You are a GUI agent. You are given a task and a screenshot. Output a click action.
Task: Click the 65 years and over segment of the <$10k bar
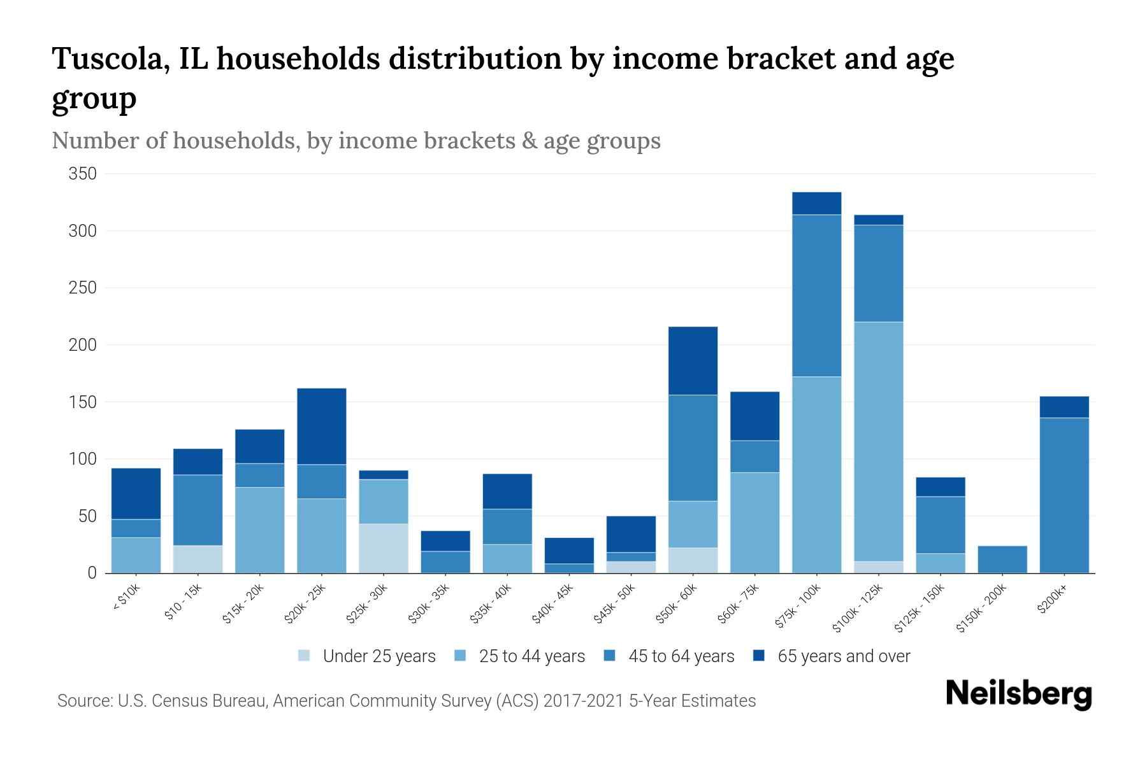point(136,493)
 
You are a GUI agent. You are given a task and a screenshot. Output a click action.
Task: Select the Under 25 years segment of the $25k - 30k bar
point(384,548)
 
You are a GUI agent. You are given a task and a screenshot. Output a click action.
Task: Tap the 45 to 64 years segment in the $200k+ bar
point(1064,495)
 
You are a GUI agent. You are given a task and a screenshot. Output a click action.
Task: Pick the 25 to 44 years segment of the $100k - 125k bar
point(879,441)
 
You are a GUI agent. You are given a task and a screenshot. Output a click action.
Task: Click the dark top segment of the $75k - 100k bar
point(816,203)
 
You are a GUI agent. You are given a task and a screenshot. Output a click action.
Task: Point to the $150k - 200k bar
point(1002,559)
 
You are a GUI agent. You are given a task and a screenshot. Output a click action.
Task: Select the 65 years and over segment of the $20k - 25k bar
point(322,426)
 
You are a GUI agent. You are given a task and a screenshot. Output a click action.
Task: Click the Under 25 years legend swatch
point(305,656)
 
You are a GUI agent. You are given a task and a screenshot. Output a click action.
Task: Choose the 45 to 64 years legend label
point(681,656)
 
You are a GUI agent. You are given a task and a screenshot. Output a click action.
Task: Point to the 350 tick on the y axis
point(82,174)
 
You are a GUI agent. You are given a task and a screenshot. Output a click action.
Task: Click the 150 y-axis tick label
point(82,402)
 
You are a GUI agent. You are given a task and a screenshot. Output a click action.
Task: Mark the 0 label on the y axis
point(92,573)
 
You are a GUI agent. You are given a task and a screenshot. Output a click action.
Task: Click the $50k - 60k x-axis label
point(677,603)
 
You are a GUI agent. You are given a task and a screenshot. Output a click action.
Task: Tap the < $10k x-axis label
point(126,597)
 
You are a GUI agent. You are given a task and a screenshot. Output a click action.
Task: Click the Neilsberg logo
point(1018,694)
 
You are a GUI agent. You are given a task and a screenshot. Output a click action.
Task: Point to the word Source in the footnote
point(84,701)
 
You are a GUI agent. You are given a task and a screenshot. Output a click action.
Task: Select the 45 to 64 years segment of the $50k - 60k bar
point(693,448)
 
